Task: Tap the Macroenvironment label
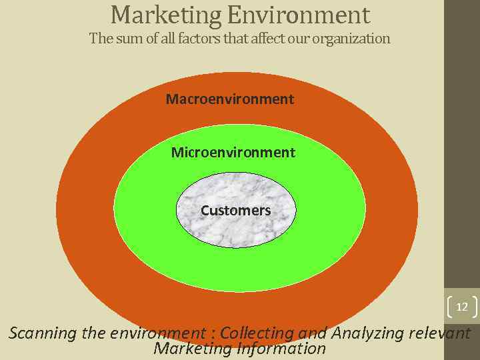coord(230,99)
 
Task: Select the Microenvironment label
coord(233,153)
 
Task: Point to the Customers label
coord(235,211)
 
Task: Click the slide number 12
coord(461,307)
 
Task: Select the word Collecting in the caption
coord(257,333)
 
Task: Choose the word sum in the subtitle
coord(127,39)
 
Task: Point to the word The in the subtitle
coord(100,39)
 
